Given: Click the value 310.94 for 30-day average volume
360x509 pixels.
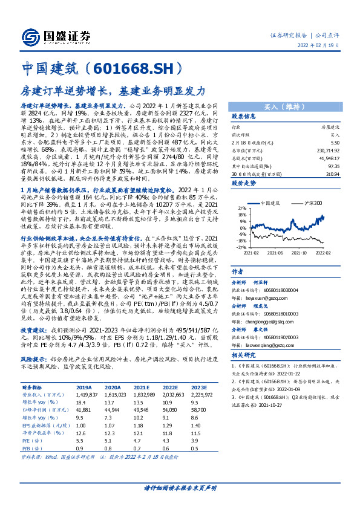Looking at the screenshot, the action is click(333, 173).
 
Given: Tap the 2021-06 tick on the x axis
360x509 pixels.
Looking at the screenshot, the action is click(280, 254).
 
